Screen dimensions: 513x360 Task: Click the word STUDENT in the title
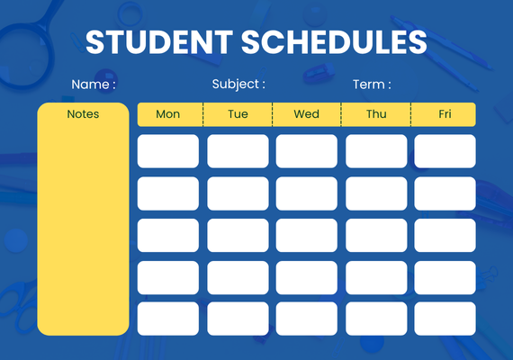click(159, 42)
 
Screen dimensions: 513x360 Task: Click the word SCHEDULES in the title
click(334, 42)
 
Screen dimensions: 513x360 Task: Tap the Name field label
click(94, 85)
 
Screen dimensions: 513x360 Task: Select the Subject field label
click(238, 85)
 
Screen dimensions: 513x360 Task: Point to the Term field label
click(372, 85)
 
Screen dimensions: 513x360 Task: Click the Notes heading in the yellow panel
click(83, 114)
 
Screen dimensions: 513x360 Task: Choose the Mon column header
click(167, 114)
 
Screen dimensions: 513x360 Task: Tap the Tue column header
click(238, 114)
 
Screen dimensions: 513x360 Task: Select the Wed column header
click(307, 114)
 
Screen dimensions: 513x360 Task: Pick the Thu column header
click(376, 114)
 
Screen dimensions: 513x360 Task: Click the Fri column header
click(445, 114)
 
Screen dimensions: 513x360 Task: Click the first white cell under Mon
click(168, 151)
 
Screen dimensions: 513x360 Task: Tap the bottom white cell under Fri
click(445, 319)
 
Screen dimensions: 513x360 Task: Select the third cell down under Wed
click(307, 235)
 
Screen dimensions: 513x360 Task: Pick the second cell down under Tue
click(238, 193)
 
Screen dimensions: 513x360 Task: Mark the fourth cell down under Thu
click(376, 277)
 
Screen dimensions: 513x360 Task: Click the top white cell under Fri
click(445, 151)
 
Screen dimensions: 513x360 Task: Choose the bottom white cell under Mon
click(168, 319)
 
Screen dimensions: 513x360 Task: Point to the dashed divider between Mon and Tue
click(202, 114)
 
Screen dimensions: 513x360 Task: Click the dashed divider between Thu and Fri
click(410, 114)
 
